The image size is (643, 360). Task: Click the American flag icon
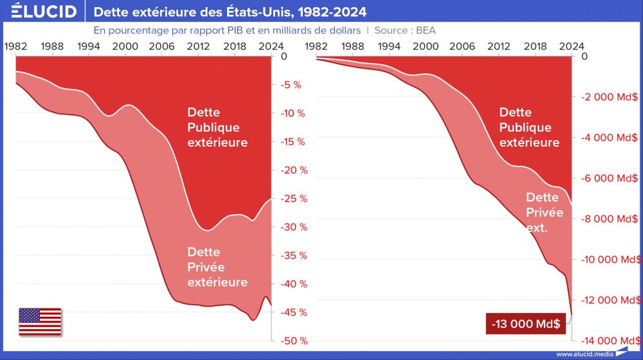[40, 321]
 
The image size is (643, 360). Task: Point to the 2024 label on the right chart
[572, 46]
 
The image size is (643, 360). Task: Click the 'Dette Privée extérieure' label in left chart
[217, 267]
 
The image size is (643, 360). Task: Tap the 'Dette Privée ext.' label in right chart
[545, 212]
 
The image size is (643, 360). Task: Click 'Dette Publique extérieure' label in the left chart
[217, 127]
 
